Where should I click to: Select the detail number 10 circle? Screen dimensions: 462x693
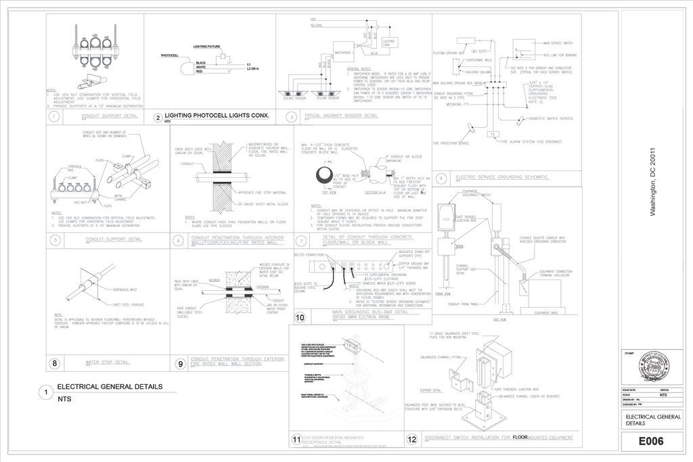point(300,317)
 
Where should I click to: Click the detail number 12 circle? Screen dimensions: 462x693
point(412,439)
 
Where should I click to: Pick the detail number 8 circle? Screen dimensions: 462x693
point(55,363)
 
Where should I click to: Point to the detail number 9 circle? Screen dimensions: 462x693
point(181,363)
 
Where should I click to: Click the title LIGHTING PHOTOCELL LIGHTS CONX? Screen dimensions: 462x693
point(217,116)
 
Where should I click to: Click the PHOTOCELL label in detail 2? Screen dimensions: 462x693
point(169,54)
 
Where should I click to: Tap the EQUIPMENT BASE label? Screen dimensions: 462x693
point(545,313)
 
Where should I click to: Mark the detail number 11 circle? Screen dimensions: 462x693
point(296,440)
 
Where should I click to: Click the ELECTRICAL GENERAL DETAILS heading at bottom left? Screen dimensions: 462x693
point(110,387)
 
